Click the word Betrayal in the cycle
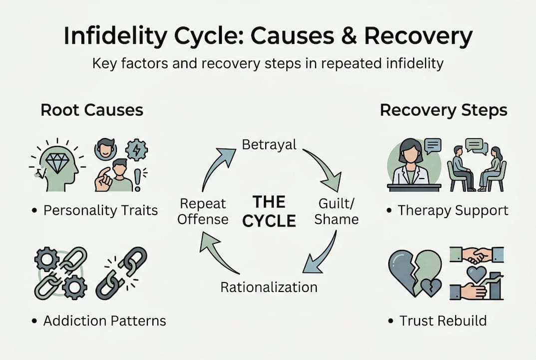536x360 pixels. pyautogui.click(x=269, y=144)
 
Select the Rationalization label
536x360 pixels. pyautogui.click(x=269, y=287)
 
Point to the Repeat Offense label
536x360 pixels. pyautogui.click(x=203, y=211)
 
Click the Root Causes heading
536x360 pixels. pyautogui.click(x=91, y=110)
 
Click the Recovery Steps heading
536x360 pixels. pyautogui.click(x=443, y=110)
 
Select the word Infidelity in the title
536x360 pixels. pyautogui.click(x=120, y=37)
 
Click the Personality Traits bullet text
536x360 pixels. pyautogui.click(x=100, y=210)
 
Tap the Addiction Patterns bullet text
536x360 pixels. pyautogui.click(x=104, y=320)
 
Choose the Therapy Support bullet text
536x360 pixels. pyautogui.click(x=452, y=210)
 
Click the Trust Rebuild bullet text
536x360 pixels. pyautogui.click(x=443, y=320)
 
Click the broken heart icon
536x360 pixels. pyautogui.click(x=415, y=272)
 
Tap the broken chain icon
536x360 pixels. pyautogui.click(x=122, y=272)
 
